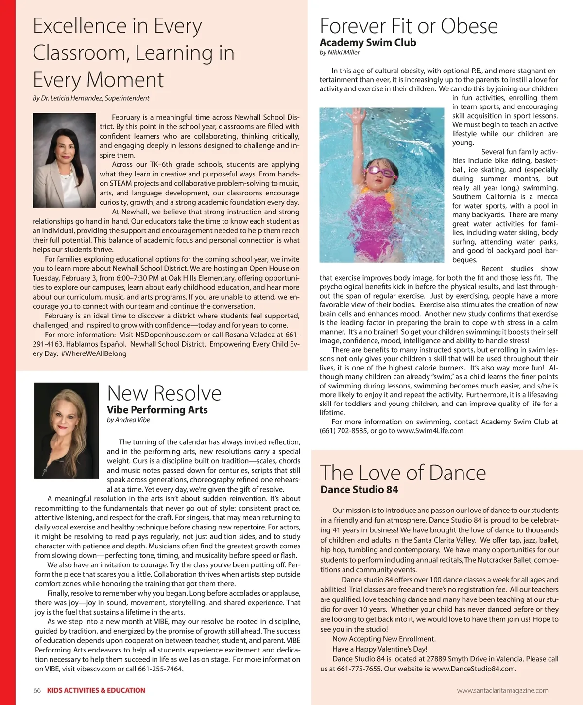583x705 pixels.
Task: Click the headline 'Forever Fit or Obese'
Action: [409, 26]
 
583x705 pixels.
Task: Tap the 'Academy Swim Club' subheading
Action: [368, 43]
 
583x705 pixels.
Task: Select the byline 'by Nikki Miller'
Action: [340, 53]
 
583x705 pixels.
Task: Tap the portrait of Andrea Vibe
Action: [66, 430]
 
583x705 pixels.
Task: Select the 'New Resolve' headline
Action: [164, 393]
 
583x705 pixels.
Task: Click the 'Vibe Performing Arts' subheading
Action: [157, 410]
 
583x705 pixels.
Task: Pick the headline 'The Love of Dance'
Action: [403, 473]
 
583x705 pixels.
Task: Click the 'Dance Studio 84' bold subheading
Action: [359, 490]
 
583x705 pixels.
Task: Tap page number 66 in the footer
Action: [37, 690]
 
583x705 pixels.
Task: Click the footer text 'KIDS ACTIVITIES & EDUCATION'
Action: [96, 690]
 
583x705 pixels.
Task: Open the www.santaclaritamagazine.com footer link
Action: [502, 690]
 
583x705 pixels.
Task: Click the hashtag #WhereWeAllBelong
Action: [94, 353]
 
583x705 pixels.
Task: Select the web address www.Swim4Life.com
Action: [430, 431]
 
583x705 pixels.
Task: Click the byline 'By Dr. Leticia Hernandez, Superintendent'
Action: [91, 98]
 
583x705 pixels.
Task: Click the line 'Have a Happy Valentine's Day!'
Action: [379, 649]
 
